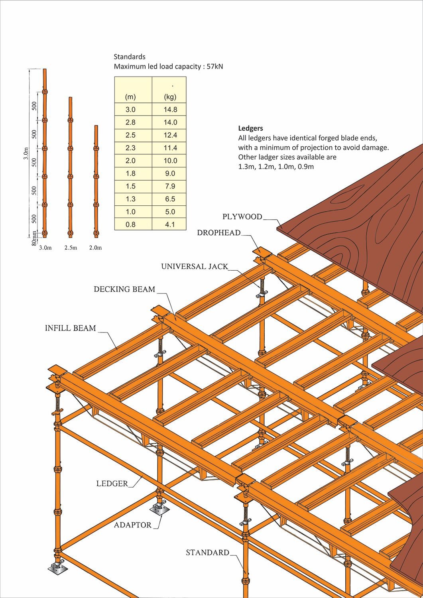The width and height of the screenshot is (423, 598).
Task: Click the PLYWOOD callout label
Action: coord(242,217)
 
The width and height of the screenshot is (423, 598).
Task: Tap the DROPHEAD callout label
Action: coord(218,233)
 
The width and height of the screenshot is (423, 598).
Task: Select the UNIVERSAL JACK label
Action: coord(195,266)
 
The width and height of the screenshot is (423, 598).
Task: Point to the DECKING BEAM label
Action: coord(124,289)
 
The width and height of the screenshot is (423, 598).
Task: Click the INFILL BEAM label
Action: coord(70,328)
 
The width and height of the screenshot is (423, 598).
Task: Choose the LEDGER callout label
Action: coord(112,484)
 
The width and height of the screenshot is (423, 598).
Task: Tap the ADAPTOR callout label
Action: coord(133,525)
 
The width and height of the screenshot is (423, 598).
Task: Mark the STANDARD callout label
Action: coord(207,553)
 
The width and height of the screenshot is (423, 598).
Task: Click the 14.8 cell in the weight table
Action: coord(170,110)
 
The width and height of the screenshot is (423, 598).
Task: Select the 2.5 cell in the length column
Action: coord(130,135)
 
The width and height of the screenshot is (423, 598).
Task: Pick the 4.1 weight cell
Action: coord(170,224)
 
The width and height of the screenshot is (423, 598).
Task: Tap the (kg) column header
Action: coord(170,97)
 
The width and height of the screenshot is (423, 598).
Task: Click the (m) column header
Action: coord(130,97)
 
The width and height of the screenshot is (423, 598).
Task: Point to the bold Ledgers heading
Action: coord(250,128)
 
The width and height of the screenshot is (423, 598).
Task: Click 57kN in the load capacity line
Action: coord(215,67)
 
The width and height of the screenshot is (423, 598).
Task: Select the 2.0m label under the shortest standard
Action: coord(95,248)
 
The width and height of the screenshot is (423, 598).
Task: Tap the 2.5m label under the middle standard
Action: coord(71,248)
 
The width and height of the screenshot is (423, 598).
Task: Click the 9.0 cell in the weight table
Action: coord(170,173)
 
